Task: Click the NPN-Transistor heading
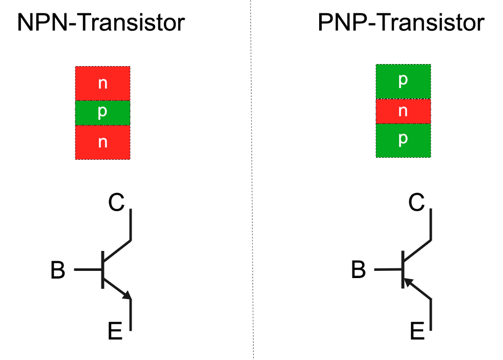[101, 23]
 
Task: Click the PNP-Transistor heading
[401, 23]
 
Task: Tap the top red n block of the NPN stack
[102, 83]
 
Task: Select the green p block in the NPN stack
[102, 113]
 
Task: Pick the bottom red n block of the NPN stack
[102, 142]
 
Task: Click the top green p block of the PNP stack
[403, 81]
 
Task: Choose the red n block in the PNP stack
[403, 111]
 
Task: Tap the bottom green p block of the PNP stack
[403, 140]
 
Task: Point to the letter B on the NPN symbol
[58, 270]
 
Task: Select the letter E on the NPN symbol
[115, 332]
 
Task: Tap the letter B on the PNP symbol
[359, 270]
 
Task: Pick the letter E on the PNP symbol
[417, 332]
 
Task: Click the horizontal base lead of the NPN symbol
[88, 269]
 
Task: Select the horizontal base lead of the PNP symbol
[389, 269]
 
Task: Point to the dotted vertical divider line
[251, 179]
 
